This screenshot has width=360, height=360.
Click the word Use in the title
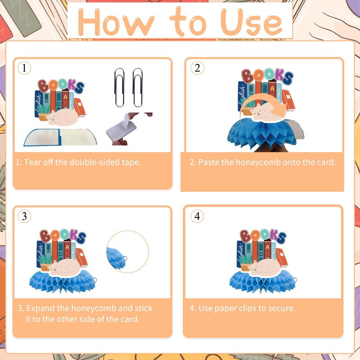point(251,22)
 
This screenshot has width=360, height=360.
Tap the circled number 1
point(24,68)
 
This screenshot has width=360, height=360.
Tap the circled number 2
point(197,68)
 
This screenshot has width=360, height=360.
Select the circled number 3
point(24,216)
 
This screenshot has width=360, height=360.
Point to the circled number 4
point(197,216)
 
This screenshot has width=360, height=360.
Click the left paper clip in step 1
point(119,87)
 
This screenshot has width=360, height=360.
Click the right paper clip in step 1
point(138,87)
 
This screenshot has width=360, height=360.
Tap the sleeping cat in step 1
point(62,117)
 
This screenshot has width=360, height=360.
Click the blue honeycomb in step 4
point(262,282)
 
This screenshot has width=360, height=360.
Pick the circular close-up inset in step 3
point(127,252)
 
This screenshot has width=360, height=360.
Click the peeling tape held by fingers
point(121,128)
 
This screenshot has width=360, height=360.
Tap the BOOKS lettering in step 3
point(63,236)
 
